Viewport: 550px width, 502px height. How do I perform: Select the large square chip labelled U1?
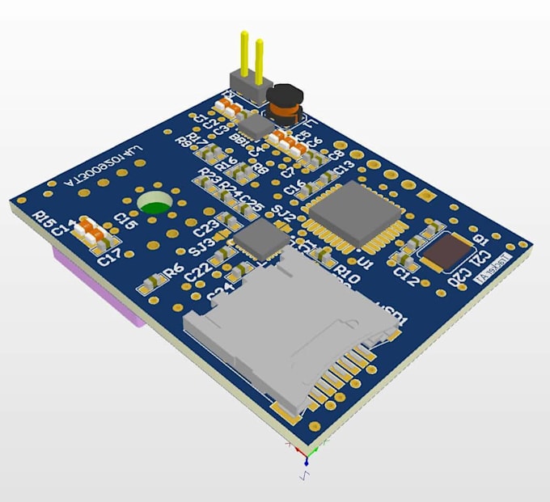349,211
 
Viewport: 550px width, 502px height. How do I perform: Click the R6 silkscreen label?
173,271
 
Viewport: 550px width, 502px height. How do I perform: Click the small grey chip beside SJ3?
261,238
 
